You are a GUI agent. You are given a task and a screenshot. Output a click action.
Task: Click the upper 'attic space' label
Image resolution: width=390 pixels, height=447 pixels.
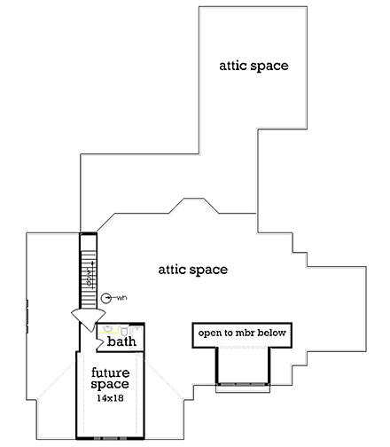coord(254,67)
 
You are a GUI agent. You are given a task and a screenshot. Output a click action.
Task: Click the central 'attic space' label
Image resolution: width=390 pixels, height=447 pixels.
coord(193,269)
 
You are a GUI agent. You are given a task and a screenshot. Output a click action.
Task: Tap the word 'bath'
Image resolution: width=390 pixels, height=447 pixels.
coord(121,341)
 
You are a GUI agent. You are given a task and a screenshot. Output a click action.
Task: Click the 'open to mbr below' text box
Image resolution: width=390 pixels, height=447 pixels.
coord(244,333)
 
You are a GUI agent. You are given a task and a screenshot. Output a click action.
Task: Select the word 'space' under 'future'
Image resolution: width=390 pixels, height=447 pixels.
coord(112,385)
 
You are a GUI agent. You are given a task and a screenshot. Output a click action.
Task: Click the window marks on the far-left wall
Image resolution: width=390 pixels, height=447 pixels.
coord(28,312)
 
